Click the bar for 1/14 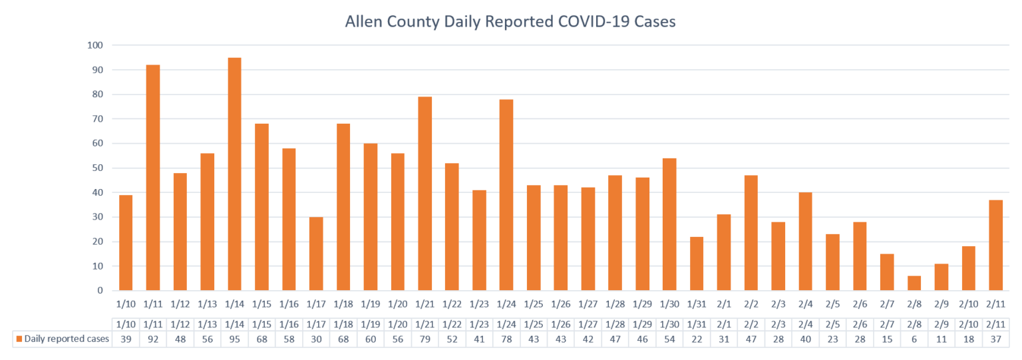(x=234, y=174)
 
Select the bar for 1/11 (x=153, y=178)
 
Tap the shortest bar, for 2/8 (x=914, y=283)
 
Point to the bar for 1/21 (x=425, y=194)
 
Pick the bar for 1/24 (x=506, y=195)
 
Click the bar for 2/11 (x=995, y=245)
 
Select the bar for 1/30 (x=669, y=224)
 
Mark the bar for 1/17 (x=316, y=254)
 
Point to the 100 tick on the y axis (x=95, y=45)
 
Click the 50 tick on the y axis (x=98, y=168)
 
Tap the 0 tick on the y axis (x=100, y=291)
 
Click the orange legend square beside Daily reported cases (x=19, y=339)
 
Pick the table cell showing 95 (x=234, y=339)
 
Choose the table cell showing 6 (x=914, y=339)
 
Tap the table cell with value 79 (x=425, y=339)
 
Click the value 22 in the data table (x=697, y=339)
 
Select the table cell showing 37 (x=995, y=339)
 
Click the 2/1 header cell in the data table (x=724, y=325)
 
